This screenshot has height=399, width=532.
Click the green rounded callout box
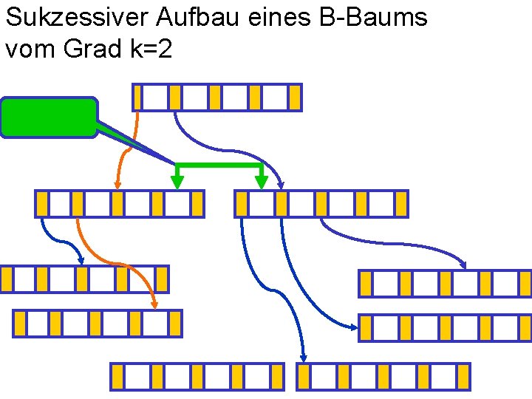pyautogui.click(x=49, y=117)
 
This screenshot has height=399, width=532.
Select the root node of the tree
pyautogui.click(x=216, y=97)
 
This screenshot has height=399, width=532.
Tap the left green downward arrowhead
pyautogui.click(x=177, y=180)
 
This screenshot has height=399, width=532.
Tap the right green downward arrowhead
pyautogui.click(x=260, y=180)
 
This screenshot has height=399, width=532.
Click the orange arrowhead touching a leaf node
pyautogui.click(x=154, y=302)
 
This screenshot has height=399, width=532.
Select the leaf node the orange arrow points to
pyautogui.click(x=97, y=323)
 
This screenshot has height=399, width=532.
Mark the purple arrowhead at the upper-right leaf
pyautogui.click(x=463, y=264)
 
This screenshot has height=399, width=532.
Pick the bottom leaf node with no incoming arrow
pyautogui.click(x=197, y=376)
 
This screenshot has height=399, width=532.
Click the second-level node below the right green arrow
pyautogui.click(x=321, y=203)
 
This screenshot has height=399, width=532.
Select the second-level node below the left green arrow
pyautogui.click(x=119, y=203)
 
